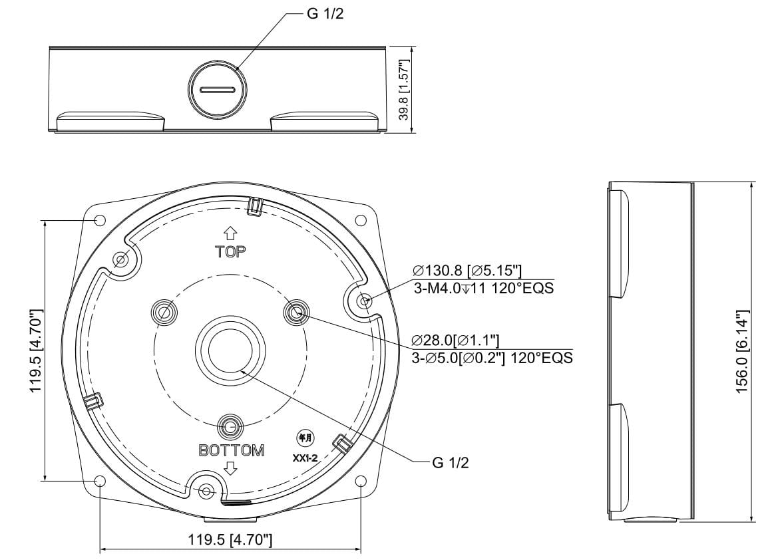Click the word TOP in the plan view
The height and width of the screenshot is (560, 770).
(230, 252)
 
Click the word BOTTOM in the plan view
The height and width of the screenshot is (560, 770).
(232, 450)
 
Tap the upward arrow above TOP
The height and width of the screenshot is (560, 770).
(230, 233)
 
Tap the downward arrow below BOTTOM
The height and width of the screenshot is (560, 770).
(230, 468)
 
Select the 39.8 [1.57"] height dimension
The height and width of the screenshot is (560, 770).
(404, 90)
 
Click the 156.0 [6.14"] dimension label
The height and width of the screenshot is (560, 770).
(741, 351)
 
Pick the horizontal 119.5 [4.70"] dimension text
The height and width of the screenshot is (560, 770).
(230, 540)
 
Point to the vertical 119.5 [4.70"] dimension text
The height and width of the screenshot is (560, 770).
(37, 351)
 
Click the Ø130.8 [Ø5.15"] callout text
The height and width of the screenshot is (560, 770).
(467, 271)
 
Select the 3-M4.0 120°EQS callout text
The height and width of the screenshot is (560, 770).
(484, 288)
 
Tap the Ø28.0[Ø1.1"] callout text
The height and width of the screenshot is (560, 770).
(456, 340)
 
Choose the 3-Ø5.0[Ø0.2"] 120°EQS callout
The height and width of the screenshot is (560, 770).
(492, 358)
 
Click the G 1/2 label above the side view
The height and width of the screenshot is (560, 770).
(325, 14)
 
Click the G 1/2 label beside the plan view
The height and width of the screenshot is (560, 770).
(451, 462)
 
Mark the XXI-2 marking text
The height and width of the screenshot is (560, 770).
(305, 458)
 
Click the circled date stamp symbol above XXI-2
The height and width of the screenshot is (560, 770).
(305, 438)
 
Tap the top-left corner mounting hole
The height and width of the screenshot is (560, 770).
(100, 220)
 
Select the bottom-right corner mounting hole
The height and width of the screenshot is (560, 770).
(361, 481)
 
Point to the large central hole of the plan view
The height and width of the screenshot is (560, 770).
(230, 350)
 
